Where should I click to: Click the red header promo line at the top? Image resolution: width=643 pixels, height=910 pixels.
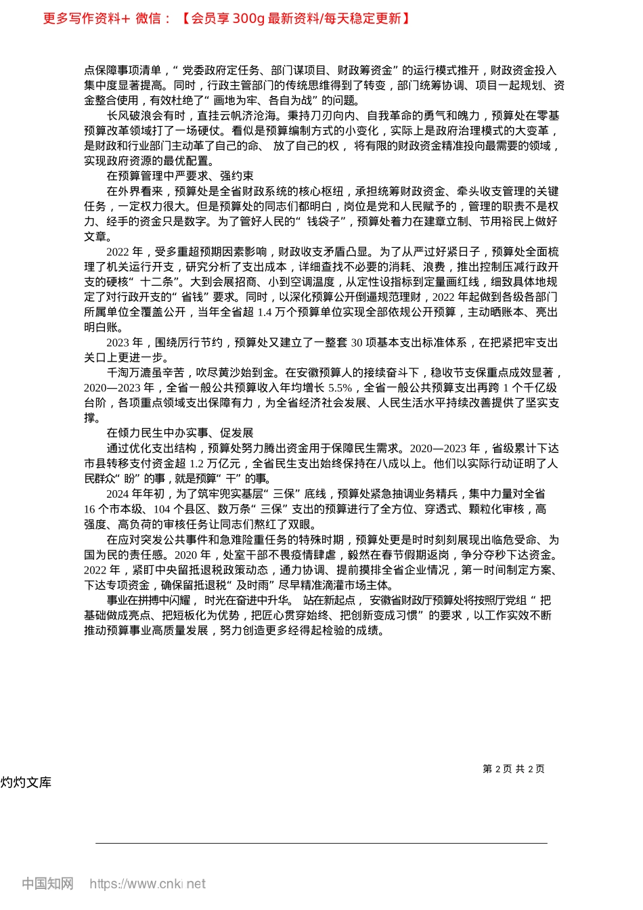tap(227, 18)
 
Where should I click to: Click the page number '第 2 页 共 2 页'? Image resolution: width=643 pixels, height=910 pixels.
tap(513, 768)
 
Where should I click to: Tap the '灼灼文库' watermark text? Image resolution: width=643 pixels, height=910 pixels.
tap(26, 783)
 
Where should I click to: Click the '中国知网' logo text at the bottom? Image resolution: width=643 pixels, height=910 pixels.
tap(47, 883)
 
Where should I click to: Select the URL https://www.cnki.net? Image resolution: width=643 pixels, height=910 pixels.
tap(148, 884)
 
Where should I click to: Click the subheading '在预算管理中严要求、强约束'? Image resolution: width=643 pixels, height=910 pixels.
tap(180, 176)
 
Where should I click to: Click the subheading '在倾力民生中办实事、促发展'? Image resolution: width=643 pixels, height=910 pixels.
tap(180, 433)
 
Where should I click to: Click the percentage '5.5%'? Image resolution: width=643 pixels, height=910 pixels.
tap(340, 388)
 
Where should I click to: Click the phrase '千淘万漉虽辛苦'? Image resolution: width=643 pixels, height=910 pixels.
tap(146, 372)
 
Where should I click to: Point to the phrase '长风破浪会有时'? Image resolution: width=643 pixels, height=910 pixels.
tap(146, 116)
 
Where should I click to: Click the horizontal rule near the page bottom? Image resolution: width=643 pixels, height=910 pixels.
tap(321, 843)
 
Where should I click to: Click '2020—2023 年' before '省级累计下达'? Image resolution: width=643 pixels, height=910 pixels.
tap(445, 448)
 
